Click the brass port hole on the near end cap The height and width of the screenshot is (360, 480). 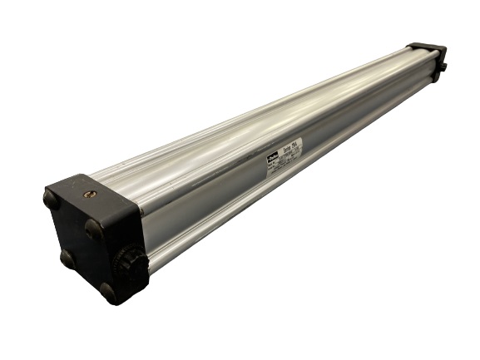click(90, 194)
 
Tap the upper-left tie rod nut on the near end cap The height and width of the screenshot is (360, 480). click(51, 200)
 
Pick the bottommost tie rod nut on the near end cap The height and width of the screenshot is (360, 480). click(108, 292)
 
